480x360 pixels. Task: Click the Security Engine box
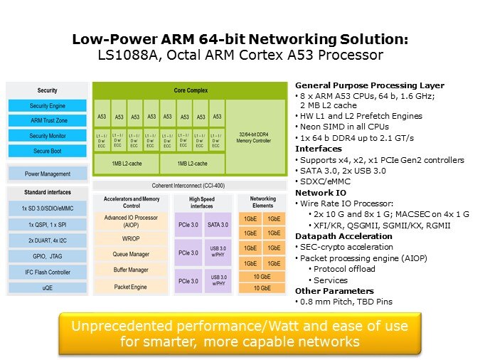click(x=48, y=106)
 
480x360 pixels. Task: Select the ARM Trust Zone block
click(x=48, y=121)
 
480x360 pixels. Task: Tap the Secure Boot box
click(x=48, y=151)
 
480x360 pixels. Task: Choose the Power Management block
click(x=48, y=174)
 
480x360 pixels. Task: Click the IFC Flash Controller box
click(x=48, y=272)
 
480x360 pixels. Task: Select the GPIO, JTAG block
click(x=48, y=256)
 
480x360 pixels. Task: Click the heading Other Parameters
click(x=334, y=290)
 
